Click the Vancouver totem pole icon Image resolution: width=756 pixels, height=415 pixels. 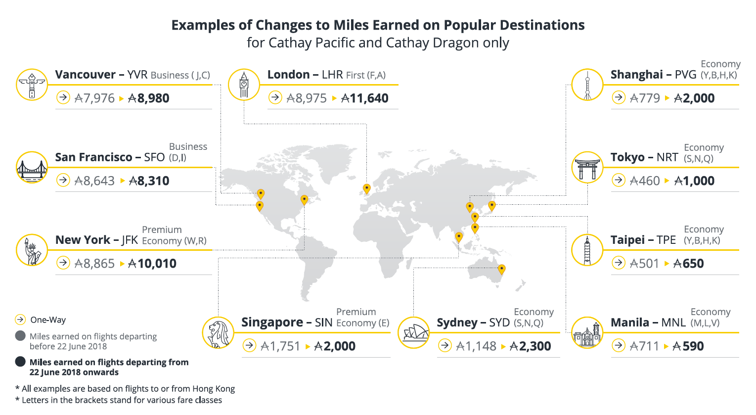[32, 85]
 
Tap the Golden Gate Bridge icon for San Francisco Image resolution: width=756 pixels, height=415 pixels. [32, 168]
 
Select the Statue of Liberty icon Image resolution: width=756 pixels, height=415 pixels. [32, 250]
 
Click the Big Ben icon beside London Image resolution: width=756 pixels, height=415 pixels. [244, 85]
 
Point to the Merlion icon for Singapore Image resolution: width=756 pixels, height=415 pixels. [218, 332]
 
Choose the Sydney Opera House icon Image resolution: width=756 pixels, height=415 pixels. [414, 332]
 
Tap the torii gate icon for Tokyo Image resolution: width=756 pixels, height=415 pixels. [587, 168]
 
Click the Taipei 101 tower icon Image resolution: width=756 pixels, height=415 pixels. [587, 250]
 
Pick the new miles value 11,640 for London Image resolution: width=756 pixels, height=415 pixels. [365, 98]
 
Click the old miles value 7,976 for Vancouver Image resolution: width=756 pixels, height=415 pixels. [94, 98]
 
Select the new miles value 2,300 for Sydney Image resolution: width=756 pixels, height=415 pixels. [531, 346]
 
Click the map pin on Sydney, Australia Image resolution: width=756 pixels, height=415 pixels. [501, 269]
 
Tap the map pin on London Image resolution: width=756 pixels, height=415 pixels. [366, 188]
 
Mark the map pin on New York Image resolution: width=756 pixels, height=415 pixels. [304, 199]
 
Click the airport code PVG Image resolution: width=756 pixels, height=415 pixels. [685, 75]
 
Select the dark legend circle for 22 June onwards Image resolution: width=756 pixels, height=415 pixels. [20, 362]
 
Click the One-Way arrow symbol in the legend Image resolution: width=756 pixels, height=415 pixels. [20, 320]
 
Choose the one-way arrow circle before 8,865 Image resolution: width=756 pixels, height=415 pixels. [63, 263]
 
